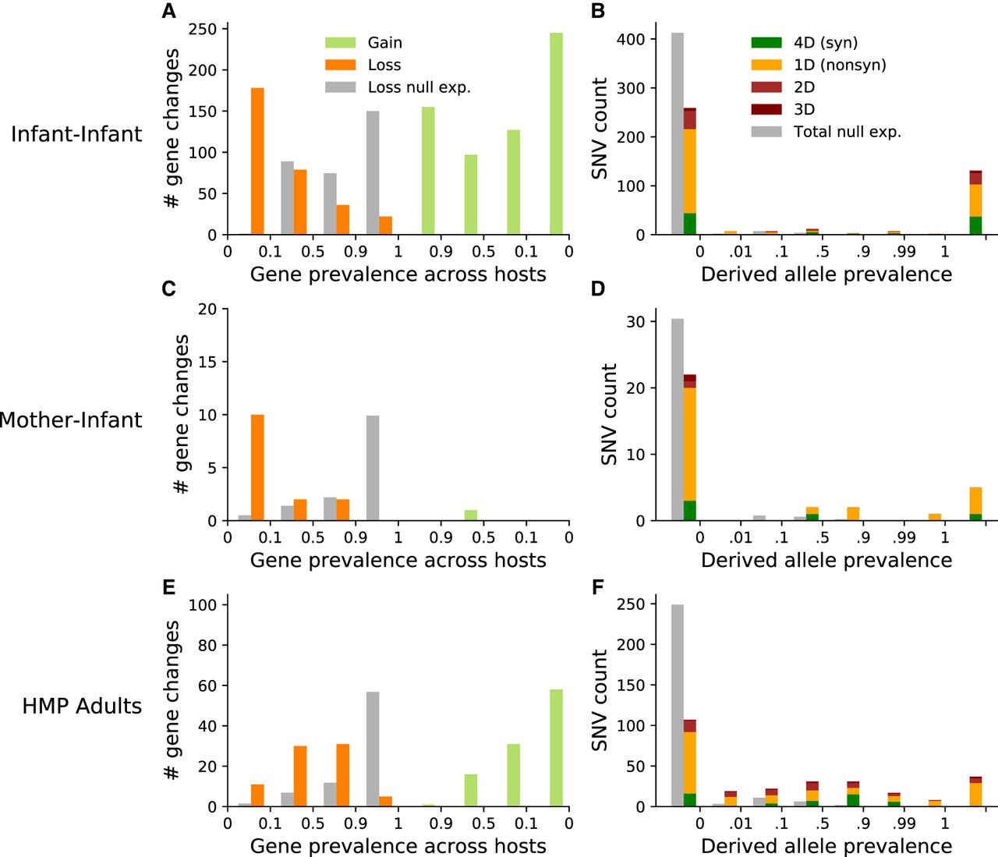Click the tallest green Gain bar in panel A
(556, 133)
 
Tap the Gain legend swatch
(340, 43)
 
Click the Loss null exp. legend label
(419, 87)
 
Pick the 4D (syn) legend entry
(825, 43)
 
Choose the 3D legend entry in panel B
(804, 110)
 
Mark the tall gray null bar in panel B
(678, 133)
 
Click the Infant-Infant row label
(76, 134)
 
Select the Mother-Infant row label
(71, 420)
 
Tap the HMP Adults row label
(82, 706)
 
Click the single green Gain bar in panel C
(471, 515)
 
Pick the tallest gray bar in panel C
(373, 468)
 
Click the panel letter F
(598, 587)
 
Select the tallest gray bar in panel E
(373, 749)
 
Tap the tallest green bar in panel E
(556, 748)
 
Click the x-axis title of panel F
(826, 846)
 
